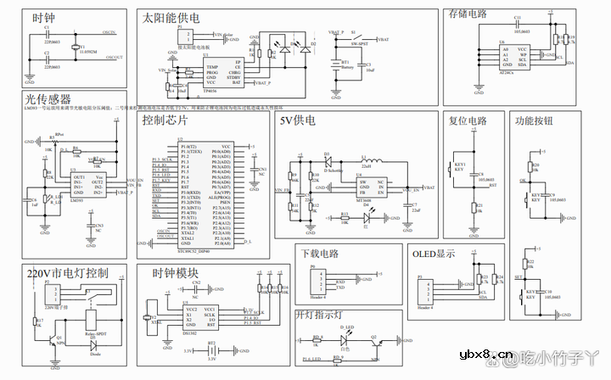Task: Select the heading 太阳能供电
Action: coord(171,17)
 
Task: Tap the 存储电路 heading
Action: coord(467,14)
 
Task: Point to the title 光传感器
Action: coord(48,99)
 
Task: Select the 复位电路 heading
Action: coord(468,121)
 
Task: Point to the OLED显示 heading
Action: coord(434,254)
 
